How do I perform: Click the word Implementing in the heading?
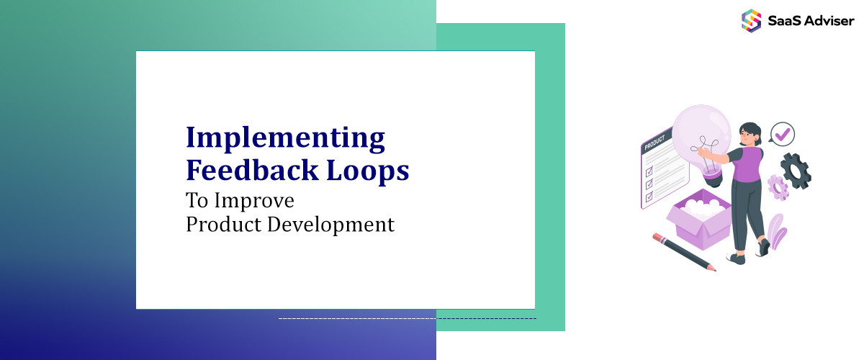[x=285, y=139]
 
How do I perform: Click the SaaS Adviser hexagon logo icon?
[x=751, y=20]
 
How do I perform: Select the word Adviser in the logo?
[x=829, y=20]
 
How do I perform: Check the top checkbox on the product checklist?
[x=649, y=171]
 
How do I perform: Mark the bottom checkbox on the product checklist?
[x=649, y=196]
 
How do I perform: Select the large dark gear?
[x=796, y=171]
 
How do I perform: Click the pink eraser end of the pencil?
[x=656, y=235]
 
